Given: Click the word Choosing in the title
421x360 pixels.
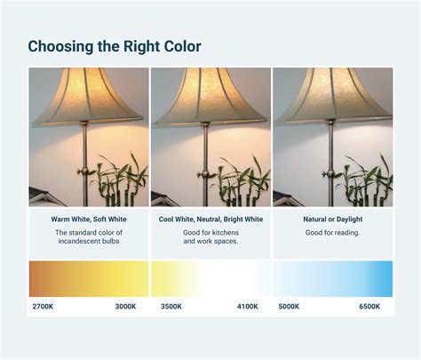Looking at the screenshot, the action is [x=60, y=47].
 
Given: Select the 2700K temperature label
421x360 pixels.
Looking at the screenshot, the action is [x=43, y=307].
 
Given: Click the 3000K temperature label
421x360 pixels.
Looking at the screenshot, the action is [x=125, y=307].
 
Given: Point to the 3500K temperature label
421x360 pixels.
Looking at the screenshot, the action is [x=171, y=307].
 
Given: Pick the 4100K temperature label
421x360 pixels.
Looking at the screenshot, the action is [x=248, y=307].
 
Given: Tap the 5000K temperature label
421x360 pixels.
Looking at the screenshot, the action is [x=289, y=307].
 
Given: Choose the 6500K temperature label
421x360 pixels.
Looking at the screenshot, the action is [x=369, y=307].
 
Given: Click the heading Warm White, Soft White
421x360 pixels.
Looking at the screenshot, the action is [x=89, y=220].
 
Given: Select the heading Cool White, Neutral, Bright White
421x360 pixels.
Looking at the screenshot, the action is [x=210, y=220].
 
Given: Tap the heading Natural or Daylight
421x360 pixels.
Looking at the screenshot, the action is [x=333, y=220].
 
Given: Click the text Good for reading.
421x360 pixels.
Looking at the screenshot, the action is [x=333, y=233].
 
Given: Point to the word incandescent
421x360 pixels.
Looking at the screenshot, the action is [x=78, y=241].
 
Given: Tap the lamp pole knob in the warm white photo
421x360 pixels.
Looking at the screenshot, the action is [x=83, y=171].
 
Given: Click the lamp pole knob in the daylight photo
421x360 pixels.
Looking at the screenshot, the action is [x=328, y=173].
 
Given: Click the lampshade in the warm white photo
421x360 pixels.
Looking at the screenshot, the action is [x=88, y=96].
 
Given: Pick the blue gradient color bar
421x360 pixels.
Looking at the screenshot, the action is [x=333, y=279].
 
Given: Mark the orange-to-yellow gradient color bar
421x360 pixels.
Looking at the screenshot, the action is [x=89, y=279].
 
